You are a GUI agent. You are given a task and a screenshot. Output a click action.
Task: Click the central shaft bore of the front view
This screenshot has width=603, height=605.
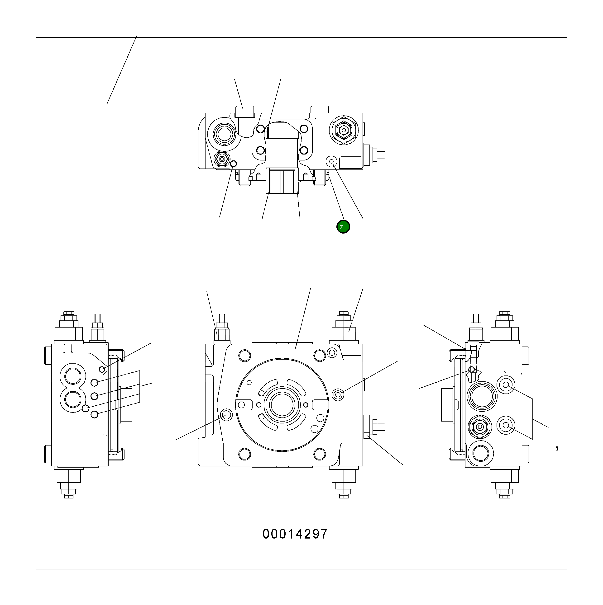[282, 405]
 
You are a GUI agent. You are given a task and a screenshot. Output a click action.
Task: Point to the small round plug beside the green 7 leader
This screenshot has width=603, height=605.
[332, 161]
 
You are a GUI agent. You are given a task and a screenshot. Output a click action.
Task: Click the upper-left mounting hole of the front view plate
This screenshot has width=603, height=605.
[244, 355]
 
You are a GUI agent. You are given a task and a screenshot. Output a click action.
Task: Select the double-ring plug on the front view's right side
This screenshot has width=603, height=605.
[338, 395]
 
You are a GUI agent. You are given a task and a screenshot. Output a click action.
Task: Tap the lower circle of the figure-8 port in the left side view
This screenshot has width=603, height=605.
[73, 400]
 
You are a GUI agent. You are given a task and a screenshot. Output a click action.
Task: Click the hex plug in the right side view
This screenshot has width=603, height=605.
[479, 427]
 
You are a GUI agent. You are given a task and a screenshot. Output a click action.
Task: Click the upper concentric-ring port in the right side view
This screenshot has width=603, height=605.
[506, 385]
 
